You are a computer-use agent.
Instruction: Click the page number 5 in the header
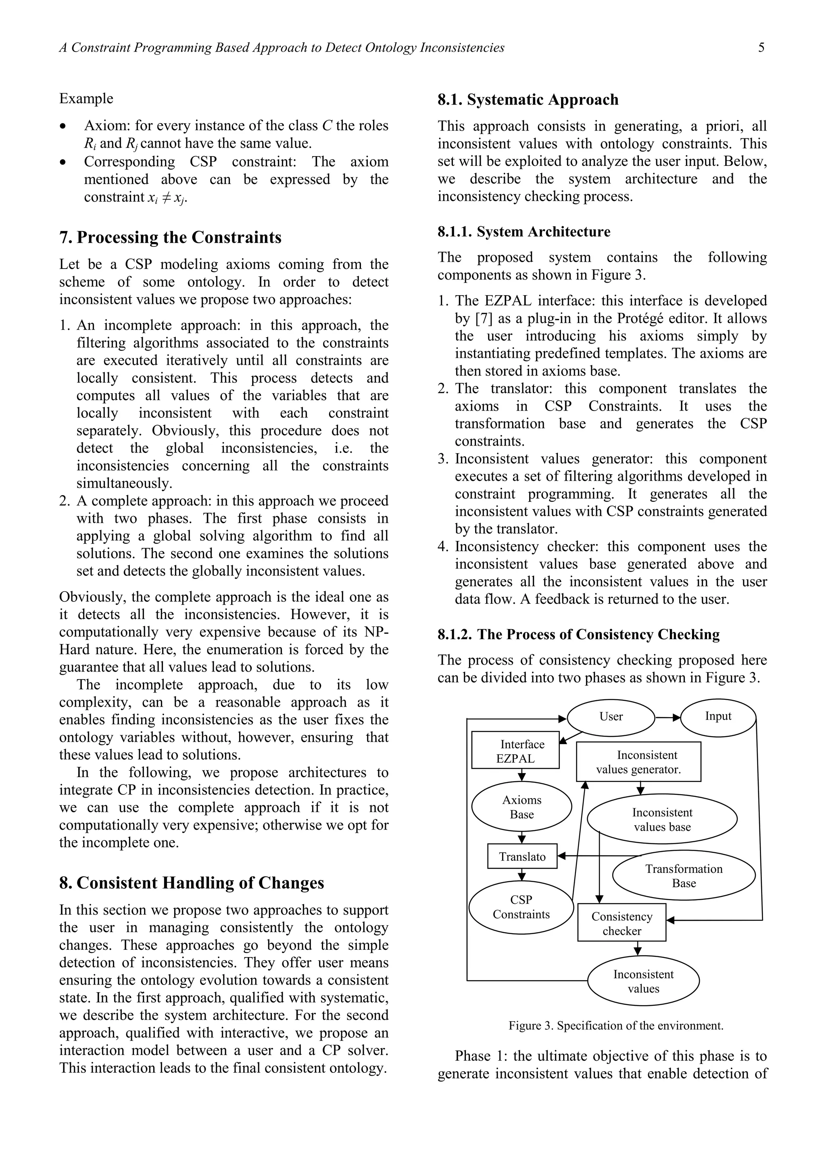point(761,48)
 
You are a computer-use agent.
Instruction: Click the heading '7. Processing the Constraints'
point(170,237)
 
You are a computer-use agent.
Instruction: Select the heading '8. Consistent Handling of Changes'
point(191,882)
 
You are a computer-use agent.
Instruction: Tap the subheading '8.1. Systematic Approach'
point(528,99)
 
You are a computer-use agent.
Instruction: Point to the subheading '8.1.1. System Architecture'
point(524,232)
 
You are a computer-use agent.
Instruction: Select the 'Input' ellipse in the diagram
point(718,717)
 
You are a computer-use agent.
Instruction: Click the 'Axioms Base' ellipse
point(521,807)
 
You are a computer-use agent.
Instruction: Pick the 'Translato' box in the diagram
point(522,857)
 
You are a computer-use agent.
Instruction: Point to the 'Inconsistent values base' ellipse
point(662,819)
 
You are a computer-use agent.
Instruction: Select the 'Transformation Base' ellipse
point(683,876)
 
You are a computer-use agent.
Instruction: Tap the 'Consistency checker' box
point(621,923)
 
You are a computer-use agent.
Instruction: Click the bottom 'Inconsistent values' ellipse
point(643,981)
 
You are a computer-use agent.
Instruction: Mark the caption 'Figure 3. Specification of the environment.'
point(615,1026)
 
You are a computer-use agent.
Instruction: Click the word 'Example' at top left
point(86,98)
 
